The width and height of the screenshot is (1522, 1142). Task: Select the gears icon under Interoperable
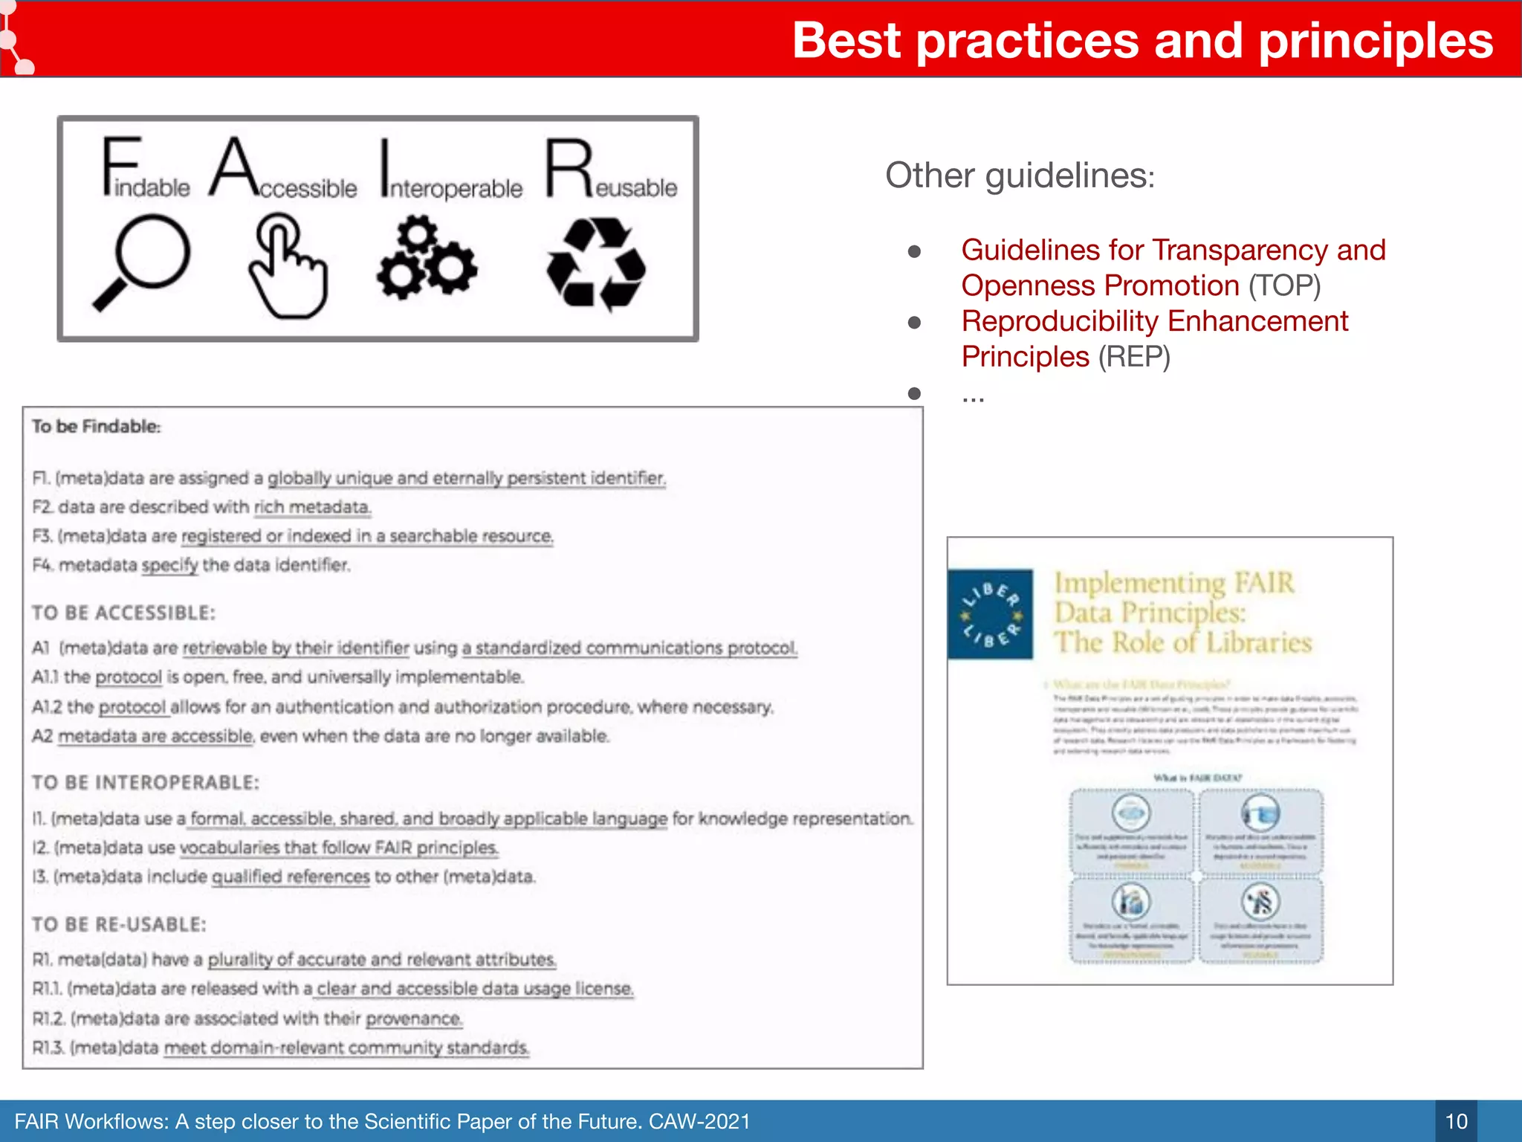(x=427, y=258)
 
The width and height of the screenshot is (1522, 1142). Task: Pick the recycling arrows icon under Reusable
(x=596, y=264)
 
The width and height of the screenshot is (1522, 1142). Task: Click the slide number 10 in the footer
(x=1456, y=1121)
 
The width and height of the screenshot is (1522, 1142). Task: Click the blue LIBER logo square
(x=990, y=614)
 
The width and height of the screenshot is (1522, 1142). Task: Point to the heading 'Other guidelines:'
(x=1020, y=176)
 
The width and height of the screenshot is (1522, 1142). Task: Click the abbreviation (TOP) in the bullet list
(x=1284, y=286)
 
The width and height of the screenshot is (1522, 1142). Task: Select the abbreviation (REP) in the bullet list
(x=1134, y=357)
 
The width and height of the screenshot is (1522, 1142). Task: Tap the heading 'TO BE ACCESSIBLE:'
(x=123, y=613)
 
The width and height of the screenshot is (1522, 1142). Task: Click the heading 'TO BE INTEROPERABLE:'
(x=146, y=782)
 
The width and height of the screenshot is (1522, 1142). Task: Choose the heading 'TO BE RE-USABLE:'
(x=119, y=924)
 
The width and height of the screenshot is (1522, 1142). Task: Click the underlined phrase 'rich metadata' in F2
(x=312, y=507)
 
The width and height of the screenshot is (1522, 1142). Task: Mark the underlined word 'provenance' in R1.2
(x=414, y=1018)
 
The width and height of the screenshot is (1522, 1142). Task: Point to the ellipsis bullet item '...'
(x=973, y=395)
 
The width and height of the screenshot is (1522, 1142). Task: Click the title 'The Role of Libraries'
(x=1183, y=642)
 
